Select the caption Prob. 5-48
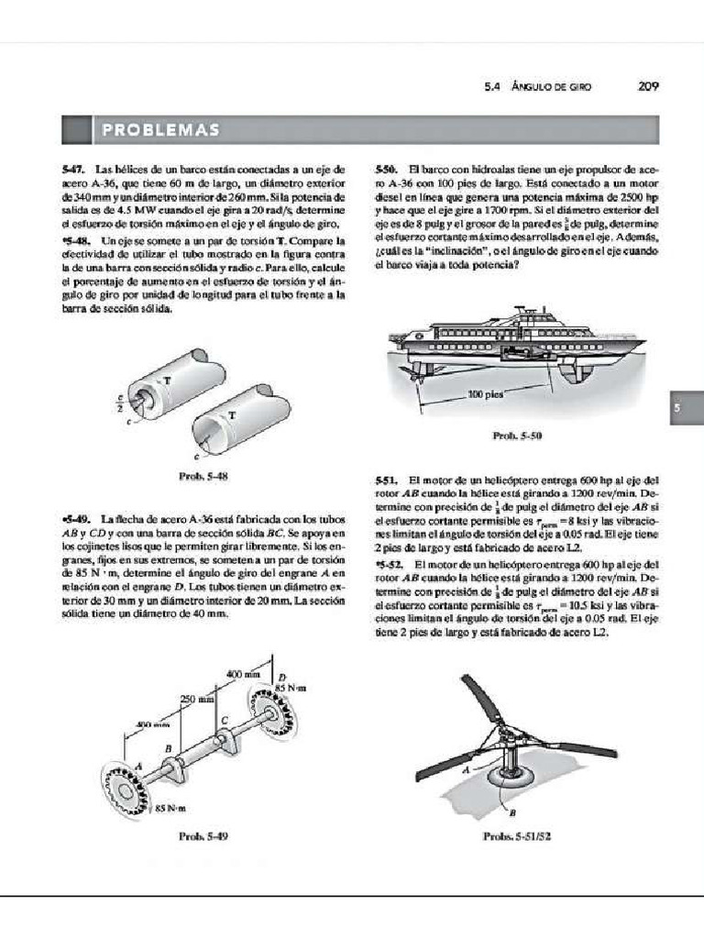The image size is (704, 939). (203, 476)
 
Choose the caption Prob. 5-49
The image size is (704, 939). (203, 836)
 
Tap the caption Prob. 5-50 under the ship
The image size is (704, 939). (517, 436)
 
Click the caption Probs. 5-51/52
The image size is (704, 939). (514, 836)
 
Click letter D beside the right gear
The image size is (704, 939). (281, 675)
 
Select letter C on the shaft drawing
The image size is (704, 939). (223, 721)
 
